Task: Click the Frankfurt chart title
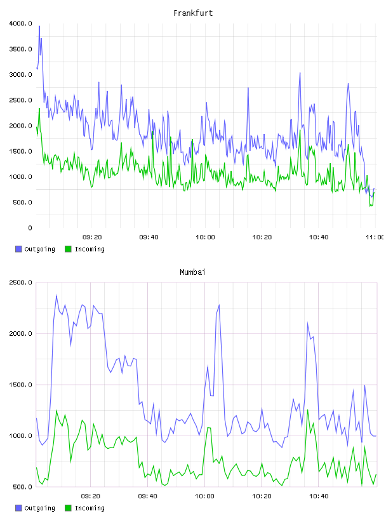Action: tap(193, 13)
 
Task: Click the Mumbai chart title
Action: tap(192, 272)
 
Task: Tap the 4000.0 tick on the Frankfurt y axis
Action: tap(21, 23)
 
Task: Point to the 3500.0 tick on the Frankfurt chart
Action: tap(21, 50)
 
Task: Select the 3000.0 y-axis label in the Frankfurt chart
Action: tap(21, 75)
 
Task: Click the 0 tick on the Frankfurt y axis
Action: tap(30, 228)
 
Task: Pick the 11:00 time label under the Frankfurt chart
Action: tap(375, 237)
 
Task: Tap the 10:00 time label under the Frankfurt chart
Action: tap(205, 237)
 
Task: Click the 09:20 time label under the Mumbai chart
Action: tap(91, 496)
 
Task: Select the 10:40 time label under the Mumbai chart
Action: tap(319, 496)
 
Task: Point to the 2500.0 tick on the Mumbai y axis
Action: tap(21, 282)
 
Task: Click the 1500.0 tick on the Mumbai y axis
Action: tap(21, 385)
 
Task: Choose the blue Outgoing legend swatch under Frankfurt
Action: tap(18, 249)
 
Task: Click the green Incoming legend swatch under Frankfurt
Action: tap(68, 249)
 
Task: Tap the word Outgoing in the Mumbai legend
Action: tap(39, 508)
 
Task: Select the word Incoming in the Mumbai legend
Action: tap(90, 508)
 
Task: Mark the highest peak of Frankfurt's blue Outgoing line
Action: tap(39, 26)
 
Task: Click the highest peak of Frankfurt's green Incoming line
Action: tap(39, 109)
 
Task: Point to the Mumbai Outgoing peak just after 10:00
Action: tap(219, 305)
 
